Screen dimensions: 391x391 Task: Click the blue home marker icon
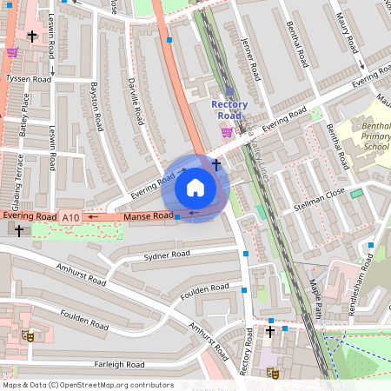click(x=195, y=188)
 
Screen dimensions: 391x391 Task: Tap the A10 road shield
click(x=71, y=217)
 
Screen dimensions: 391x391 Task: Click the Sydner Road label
click(x=166, y=255)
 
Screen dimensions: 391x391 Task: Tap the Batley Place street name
click(x=25, y=114)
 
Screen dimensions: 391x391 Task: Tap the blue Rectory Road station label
click(x=229, y=110)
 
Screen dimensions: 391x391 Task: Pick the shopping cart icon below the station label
click(x=227, y=132)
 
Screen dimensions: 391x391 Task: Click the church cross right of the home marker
click(x=215, y=163)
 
